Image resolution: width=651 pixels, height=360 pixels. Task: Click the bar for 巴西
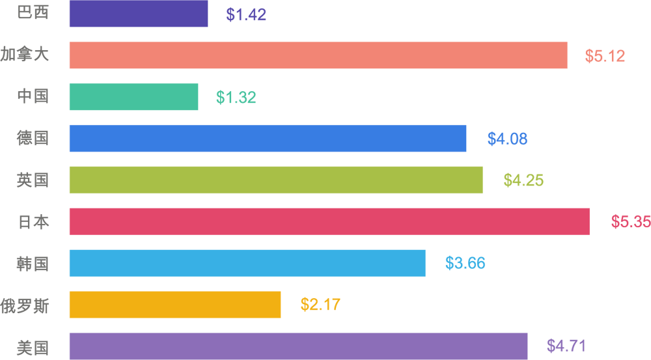tap(139, 14)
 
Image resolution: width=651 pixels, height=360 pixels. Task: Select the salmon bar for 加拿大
tap(318, 55)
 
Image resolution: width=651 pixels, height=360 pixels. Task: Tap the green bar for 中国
tap(133, 97)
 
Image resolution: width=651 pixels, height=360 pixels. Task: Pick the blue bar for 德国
tap(268, 139)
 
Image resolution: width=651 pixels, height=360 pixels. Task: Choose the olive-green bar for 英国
tap(276, 180)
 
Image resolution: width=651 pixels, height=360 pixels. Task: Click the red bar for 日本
tap(329, 221)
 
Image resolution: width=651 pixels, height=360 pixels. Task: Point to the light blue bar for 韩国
tap(247, 263)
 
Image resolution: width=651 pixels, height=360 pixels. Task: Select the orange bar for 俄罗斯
tap(175, 305)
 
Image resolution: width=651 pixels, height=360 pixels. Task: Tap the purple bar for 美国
tap(298, 346)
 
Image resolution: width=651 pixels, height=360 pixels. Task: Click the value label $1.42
tap(246, 15)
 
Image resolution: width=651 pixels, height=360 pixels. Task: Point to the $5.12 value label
tap(605, 57)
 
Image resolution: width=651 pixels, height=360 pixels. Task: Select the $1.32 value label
tap(236, 98)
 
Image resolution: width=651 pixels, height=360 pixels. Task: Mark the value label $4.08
tap(507, 139)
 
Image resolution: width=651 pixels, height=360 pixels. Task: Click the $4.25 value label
tap(523, 181)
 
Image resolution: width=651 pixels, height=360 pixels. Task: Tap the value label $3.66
tap(465, 264)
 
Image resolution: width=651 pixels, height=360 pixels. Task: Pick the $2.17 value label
tap(320, 305)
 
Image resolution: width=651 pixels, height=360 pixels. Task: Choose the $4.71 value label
tap(566, 346)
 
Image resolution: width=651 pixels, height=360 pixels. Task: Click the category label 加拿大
tap(25, 55)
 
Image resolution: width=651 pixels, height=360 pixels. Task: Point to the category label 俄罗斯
tap(25, 305)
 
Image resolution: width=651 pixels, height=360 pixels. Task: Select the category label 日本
tap(33, 222)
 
